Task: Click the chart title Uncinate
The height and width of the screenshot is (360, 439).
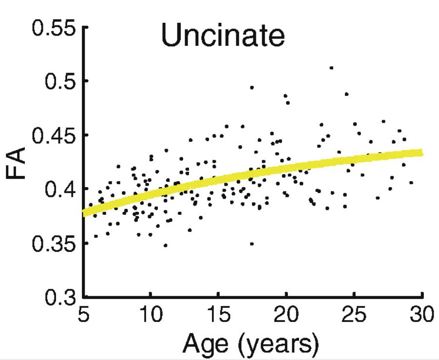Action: [x=223, y=36]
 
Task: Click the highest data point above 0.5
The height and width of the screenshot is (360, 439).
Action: [x=331, y=68]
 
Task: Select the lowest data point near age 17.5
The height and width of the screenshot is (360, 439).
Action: [x=252, y=244]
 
